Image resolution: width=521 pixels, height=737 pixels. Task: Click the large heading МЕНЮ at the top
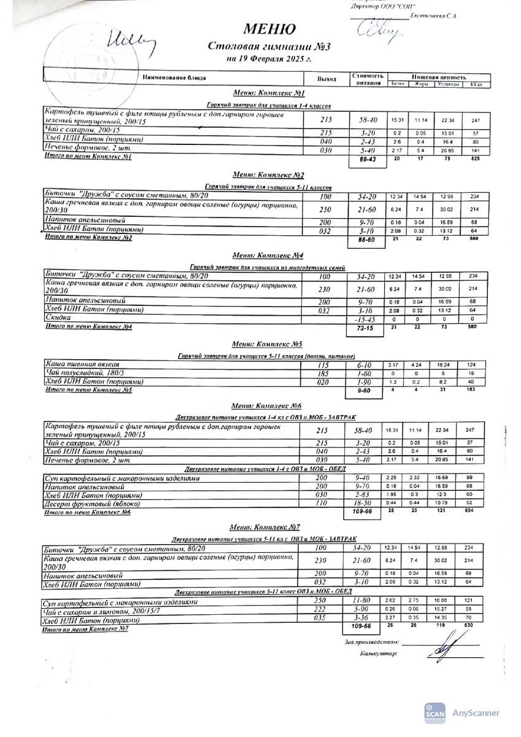pyautogui.click(x=269, y=29)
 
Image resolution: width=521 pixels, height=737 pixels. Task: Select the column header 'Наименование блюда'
pyautogui.click(x=174, y=78)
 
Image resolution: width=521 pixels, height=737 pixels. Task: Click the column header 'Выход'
pyautogui.click(x=326, y=79)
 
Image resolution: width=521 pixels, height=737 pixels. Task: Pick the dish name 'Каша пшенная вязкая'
pyautogui.click(x=83, y=364)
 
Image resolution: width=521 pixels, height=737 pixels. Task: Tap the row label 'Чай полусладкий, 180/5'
pyautogui.click(x=86, y=372)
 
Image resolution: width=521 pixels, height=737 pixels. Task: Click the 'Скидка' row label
pyautogui.click(x=58, y=318)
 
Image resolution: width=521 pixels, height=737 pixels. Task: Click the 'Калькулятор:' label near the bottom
pyautogui.click(x=379, y=654)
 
